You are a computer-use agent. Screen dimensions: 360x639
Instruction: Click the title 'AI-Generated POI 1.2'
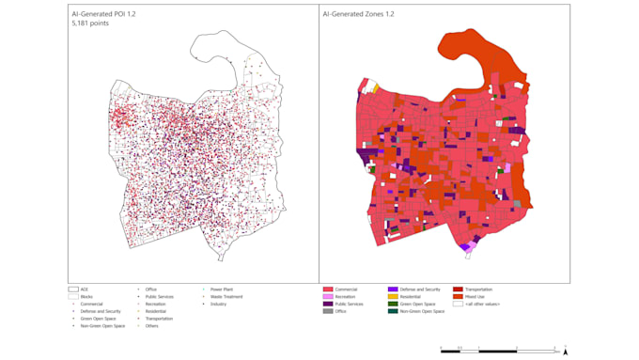(103, 15)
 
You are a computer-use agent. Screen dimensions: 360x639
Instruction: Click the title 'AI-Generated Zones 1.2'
(358, 15)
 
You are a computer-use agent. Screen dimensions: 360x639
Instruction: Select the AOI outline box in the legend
(72, 290)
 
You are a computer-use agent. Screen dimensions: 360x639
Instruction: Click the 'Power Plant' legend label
(222, 290)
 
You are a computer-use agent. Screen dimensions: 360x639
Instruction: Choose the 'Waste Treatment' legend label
(226, 297)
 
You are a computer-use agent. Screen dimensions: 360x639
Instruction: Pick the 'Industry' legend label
(219, 305)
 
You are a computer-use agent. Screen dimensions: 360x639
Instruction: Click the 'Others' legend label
(151, 326)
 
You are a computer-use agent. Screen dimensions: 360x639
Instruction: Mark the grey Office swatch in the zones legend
(328, 311)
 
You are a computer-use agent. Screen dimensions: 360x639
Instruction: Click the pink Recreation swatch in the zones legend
(328, 297)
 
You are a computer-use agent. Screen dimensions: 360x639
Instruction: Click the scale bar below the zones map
(498, 349)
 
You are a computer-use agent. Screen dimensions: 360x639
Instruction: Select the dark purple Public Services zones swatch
(328, 305)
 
